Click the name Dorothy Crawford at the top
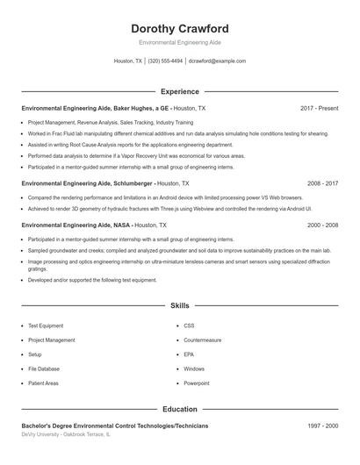179,28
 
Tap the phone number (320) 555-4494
165,61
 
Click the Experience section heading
179,91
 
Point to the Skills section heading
179,306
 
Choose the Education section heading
179,409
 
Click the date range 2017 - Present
319,108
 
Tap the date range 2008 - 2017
323,184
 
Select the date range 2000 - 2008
323,225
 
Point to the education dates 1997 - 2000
323,426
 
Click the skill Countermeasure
203,340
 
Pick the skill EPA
189,354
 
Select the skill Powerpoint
197,383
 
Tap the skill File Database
44,369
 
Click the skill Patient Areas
43,383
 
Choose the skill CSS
189,325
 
